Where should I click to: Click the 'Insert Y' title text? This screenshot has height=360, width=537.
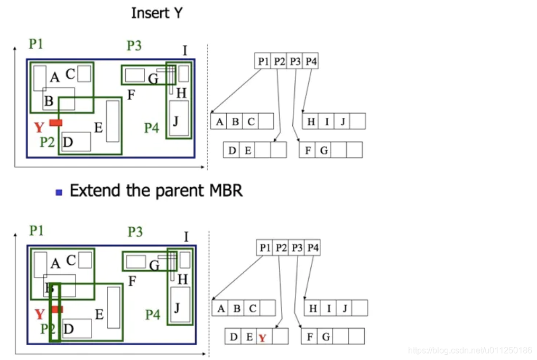point(157,13)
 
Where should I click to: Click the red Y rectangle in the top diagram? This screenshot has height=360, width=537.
point(56,123)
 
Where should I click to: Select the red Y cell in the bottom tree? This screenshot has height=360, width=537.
point(262,337)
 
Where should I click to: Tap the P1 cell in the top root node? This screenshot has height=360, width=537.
point(263,62)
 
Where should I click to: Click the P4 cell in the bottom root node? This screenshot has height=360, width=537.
point(313,247)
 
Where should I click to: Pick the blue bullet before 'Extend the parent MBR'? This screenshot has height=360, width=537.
point(59,192)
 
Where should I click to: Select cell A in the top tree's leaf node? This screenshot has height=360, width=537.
point(219,122)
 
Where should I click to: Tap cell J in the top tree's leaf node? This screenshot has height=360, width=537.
point(342,122)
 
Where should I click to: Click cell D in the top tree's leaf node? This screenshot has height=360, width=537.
point(232,150)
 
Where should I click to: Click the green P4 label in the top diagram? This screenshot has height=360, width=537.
point(152,128)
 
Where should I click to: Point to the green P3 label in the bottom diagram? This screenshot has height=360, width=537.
point(135,232)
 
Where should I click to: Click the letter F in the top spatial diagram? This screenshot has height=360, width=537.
point(131,95)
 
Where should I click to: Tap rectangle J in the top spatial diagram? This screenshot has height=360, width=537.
point(179,119)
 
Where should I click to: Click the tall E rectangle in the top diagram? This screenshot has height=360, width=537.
point(113,121)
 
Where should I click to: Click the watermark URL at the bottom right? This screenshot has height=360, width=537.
point(470,350)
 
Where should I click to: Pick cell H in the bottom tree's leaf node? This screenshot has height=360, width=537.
point(313,308)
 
